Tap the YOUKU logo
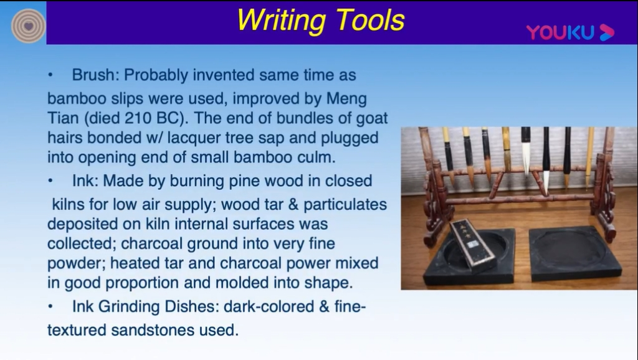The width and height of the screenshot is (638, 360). coord(570,32)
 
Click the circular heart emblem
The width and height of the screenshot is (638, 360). coord(28,26)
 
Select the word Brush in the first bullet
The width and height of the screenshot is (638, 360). coord(93,75)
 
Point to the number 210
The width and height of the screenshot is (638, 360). coord(139,118)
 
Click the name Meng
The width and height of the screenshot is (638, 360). coord(346,99)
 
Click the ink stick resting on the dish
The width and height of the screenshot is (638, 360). coord(474,245)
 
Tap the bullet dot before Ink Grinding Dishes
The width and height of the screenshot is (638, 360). coord(50,306)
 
